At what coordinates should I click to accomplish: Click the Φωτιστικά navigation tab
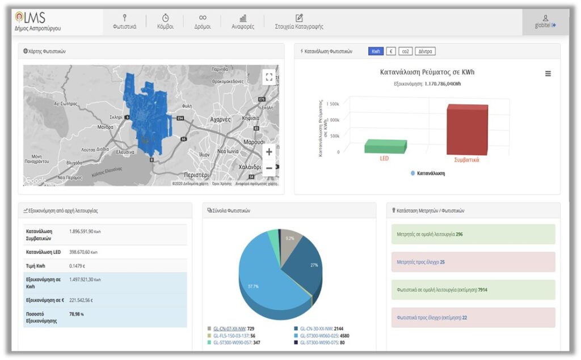[124, 22]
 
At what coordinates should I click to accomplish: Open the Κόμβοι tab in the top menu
[165, 22]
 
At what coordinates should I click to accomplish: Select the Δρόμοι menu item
[203, 22]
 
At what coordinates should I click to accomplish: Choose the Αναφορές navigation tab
[243, 22]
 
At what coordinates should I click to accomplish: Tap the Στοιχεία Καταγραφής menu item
[300, 22]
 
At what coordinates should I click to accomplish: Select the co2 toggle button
[405, 51]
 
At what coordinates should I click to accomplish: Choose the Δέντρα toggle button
[425, 51]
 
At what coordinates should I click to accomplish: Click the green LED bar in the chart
[385, 146]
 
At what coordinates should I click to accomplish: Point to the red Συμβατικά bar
[466, 130]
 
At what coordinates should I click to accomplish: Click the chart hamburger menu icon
[548, 74]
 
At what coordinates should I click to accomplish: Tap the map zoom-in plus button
[269, 152]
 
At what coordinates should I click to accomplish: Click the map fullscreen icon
[269, 77]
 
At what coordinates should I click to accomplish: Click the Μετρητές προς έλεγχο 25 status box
[473, 262]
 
